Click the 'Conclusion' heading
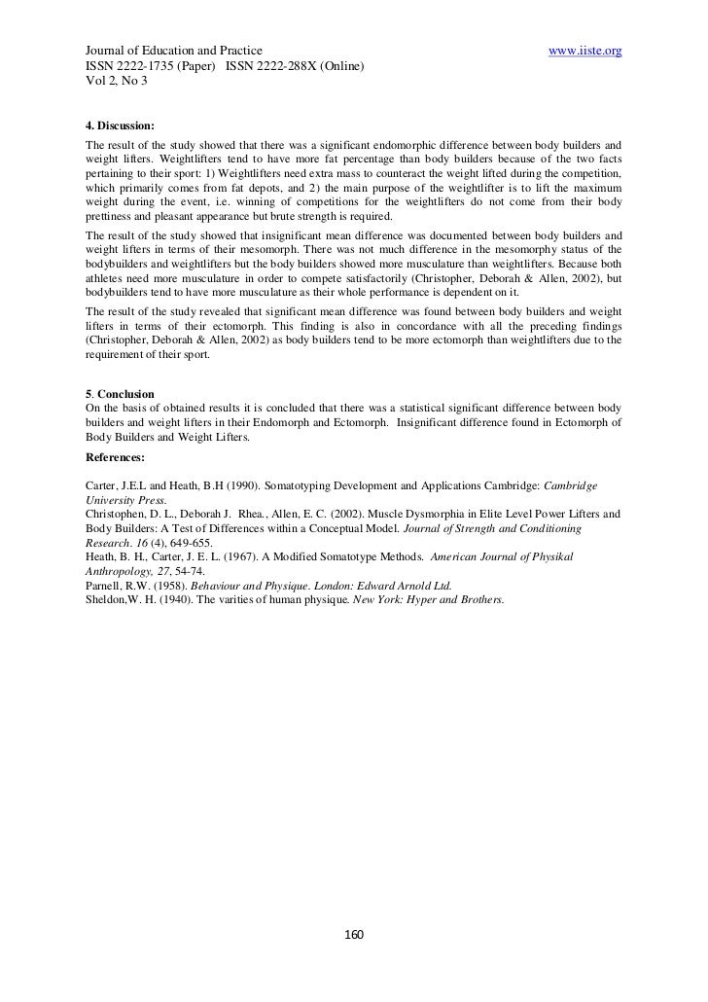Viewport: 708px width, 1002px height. point(124,394)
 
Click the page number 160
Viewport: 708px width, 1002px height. point(354,935)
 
